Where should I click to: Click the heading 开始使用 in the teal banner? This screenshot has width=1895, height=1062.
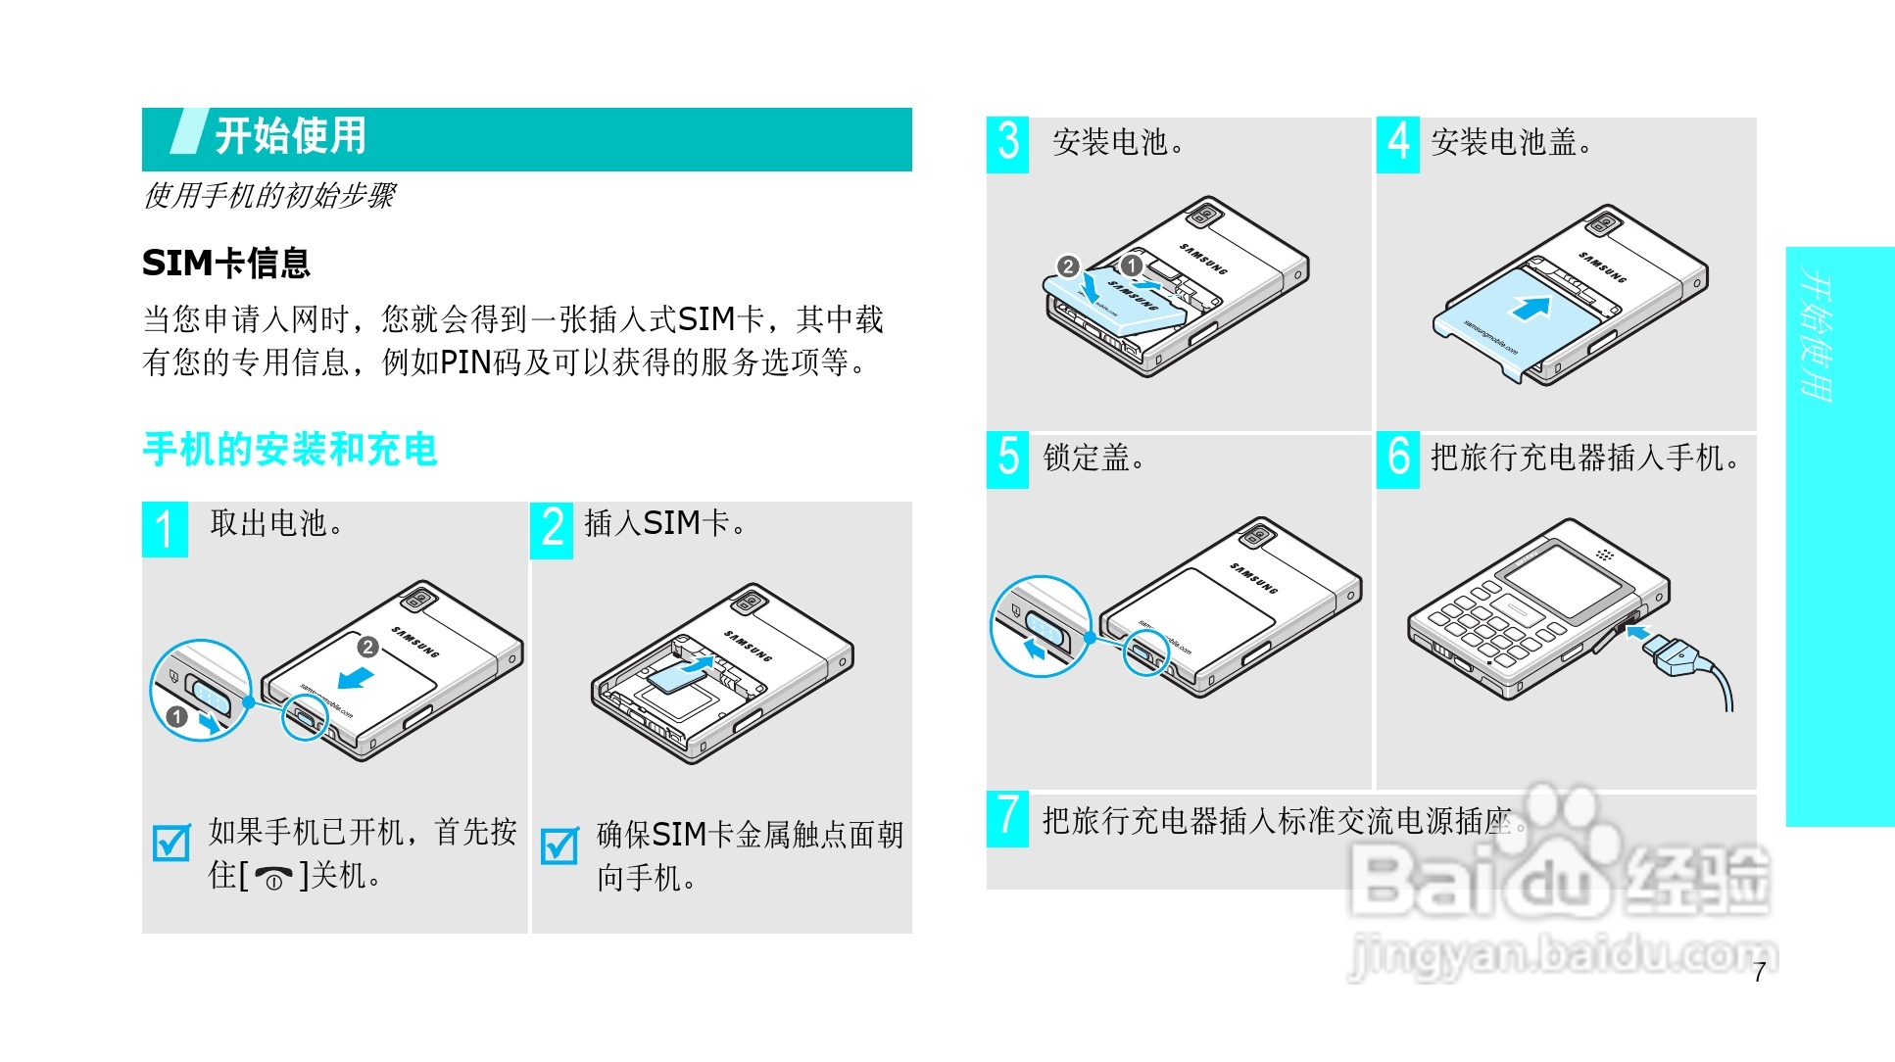pyautogui.click(x=290, y=136)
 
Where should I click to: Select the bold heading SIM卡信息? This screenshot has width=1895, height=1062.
pyautogui.click(x=226, y=263)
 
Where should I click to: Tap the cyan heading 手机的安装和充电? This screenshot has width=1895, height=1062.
pyautogui.click(x=290, y=450)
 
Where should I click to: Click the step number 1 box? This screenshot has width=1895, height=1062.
pyautogui.click(x=165, y=529)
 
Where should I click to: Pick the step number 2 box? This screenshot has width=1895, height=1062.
pyautogui.click(x=552, y=529)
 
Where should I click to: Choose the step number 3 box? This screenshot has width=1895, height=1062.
pyautogui.click(x=1007, y=144)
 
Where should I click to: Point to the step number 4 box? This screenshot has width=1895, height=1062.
pyautogui.click(x=1397, y=144)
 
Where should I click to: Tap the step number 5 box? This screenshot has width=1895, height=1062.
pyautogui.click(x=1007, y=459)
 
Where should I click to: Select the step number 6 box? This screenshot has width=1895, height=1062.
pyautogui.click(x=1397, y=459)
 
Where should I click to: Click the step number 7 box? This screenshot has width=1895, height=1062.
pyautogui.click(x=1007, y=818)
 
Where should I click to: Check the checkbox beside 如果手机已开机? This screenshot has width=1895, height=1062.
pyautogui.click(x=171, y=843)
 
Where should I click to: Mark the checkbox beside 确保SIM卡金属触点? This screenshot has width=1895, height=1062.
pyautogui.click(x=559, y=845)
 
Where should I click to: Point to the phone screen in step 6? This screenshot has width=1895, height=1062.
pyautogui.click(x=1562, y=580)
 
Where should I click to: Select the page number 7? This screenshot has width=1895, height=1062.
pyautogui.click(x=1760, y=973)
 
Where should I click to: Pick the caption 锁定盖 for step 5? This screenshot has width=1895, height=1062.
pyautogui.click(x=1093, y=459)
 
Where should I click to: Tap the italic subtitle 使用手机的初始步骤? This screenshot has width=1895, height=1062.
pyautogui.click(x=269, y=196)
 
